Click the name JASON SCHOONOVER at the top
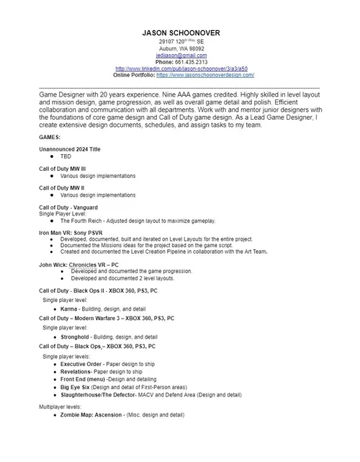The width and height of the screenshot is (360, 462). pos(181,33)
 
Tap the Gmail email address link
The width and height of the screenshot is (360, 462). pos(181,55)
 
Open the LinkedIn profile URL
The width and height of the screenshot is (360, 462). pos(181,68)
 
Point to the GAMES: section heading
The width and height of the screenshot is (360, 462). pos(50,137)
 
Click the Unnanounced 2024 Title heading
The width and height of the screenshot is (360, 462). pos(70,149)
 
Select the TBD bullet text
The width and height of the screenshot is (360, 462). pos(66,156)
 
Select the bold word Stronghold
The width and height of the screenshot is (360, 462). pos(75,337)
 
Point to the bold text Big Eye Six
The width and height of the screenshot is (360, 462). pos(76,388)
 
